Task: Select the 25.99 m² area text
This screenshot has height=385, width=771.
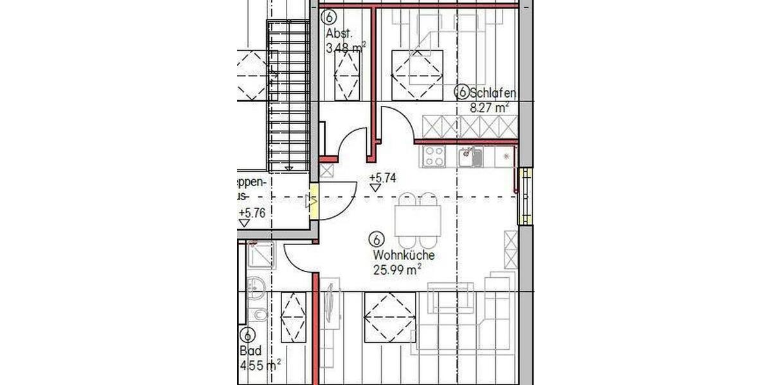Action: [396, 269]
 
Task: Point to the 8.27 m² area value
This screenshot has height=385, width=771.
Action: [489, 108]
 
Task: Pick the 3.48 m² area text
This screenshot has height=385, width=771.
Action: [346, 47]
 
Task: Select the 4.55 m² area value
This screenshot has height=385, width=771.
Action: [260, 366]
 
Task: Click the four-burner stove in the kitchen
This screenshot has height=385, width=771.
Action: [434, 156]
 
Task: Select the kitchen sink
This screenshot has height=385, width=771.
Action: [469, 156]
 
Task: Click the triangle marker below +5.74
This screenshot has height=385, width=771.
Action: [375, 188]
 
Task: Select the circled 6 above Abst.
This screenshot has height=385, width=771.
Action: [330, 17]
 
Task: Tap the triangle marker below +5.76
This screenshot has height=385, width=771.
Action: [244, 223]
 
